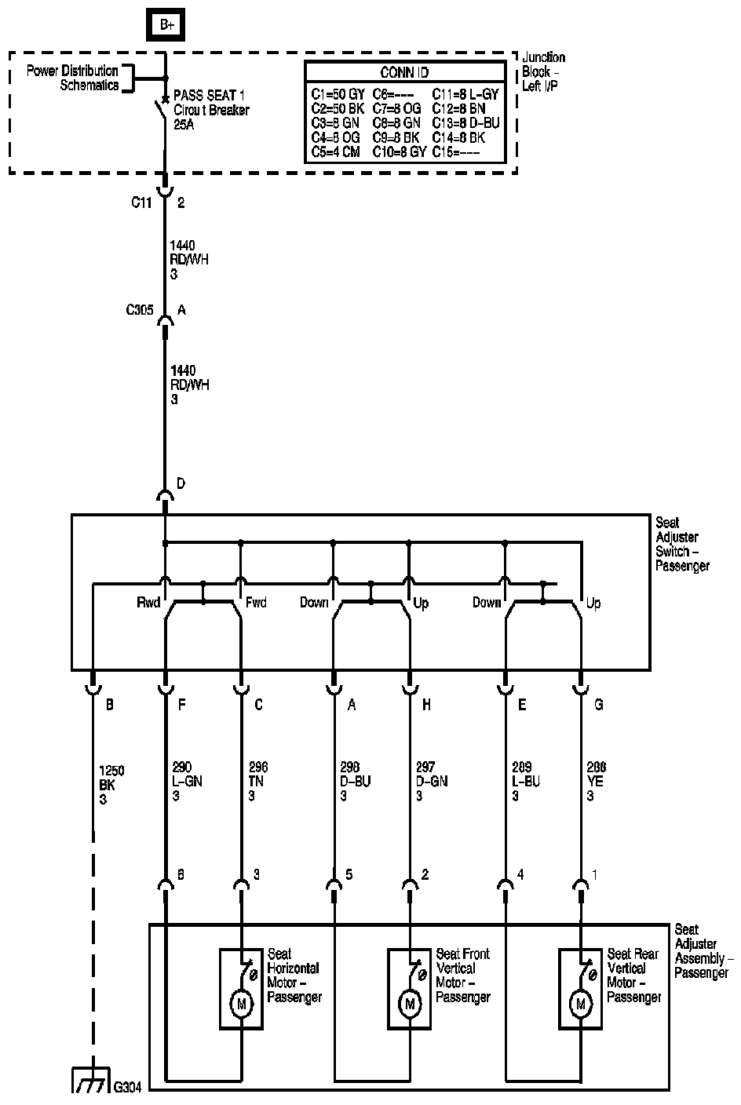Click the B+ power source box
click(166, 25)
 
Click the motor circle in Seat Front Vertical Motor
click(409, 1003)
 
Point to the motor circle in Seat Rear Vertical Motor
click(581, 1003)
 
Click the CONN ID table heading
click(404, 72)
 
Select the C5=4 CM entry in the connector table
click(335, 152)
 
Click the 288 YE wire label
click(597, 782)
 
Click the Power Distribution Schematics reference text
click(73, 78)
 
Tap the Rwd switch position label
click(148, 603)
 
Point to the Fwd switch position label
click(256, 603)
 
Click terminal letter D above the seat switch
click(181, 483)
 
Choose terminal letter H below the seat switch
click(426, 705)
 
